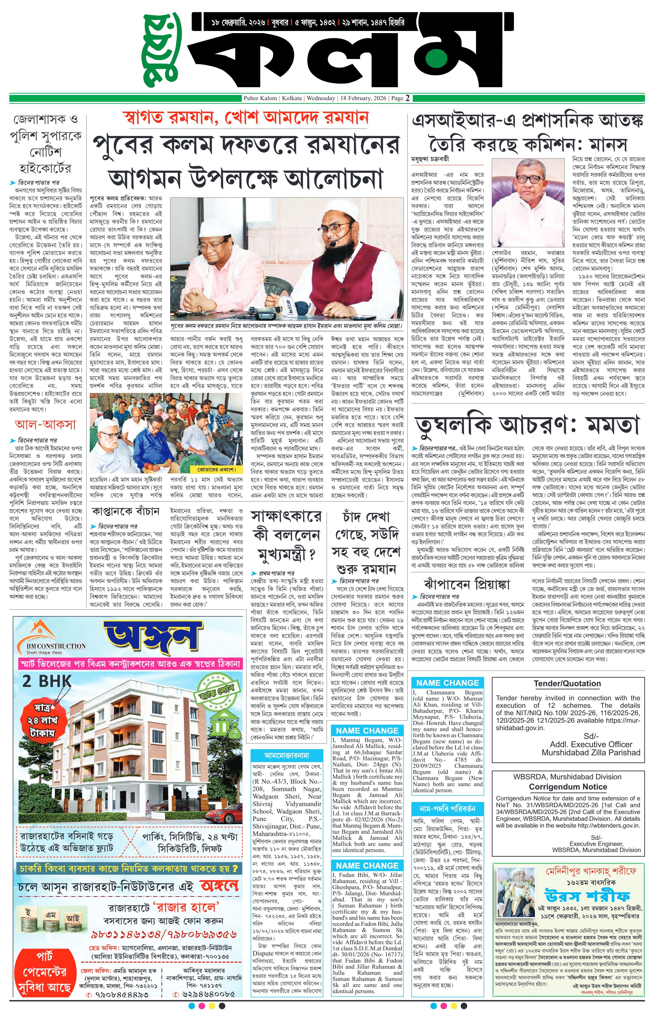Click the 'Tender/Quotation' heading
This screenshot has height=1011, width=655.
click(567, 684)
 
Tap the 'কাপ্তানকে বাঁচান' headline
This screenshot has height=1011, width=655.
click(125, 511)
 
